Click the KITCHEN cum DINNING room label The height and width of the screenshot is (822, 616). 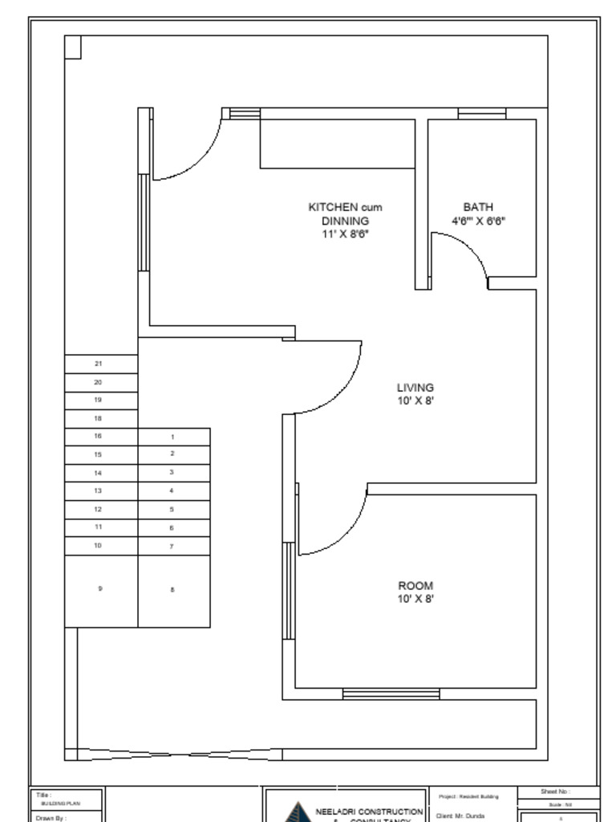tap(345, 214)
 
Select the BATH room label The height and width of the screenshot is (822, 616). tap(478, 207)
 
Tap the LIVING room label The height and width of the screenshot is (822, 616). tap(415, 387)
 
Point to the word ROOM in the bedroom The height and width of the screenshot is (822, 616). tap(415, 586)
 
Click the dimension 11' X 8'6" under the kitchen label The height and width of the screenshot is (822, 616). tap(345, 234)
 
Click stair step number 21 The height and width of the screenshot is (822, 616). tap(99, 364)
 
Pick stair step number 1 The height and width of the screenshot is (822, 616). tap(172, 437)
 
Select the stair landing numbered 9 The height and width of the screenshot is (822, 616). tap(100, 589)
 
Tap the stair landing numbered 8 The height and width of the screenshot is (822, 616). tap(172, 590)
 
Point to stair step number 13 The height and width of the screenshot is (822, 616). tap(99, 490)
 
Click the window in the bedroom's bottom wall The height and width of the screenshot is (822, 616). tap(391, 694)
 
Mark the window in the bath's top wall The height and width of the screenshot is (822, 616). tap(481, 113)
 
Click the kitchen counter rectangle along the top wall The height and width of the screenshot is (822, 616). tap(337, 144)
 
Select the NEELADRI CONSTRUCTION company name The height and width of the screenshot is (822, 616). tap(369, 812)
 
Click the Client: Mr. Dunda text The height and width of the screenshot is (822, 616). tap(460, 816)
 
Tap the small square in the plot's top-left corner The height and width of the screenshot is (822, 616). tap(73, 47)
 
